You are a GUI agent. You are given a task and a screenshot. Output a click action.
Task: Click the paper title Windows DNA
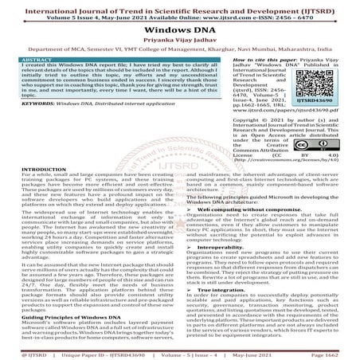tap(179, 26)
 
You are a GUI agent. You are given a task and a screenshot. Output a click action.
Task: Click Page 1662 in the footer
tap(335, 352)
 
